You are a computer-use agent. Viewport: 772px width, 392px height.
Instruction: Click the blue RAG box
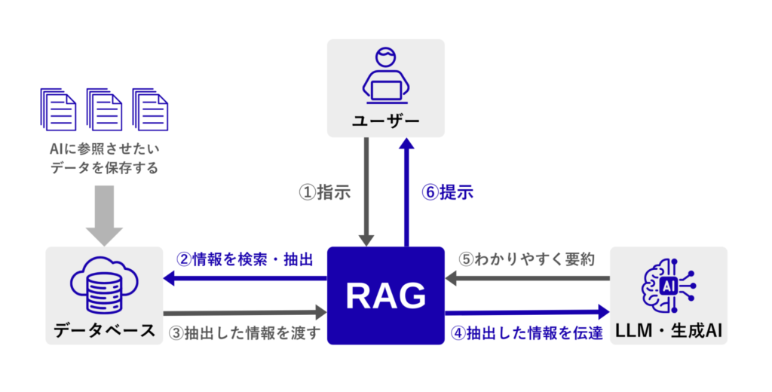point(386,296)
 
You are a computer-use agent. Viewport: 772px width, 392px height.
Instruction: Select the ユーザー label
point(385,120)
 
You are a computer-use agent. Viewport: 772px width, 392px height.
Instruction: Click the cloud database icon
point(104,286)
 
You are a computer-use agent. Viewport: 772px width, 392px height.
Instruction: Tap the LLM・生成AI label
point(669,331)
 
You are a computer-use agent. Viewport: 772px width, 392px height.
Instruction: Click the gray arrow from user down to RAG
point(367,191)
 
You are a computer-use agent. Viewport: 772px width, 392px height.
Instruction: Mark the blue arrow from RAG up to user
point(407,191)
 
